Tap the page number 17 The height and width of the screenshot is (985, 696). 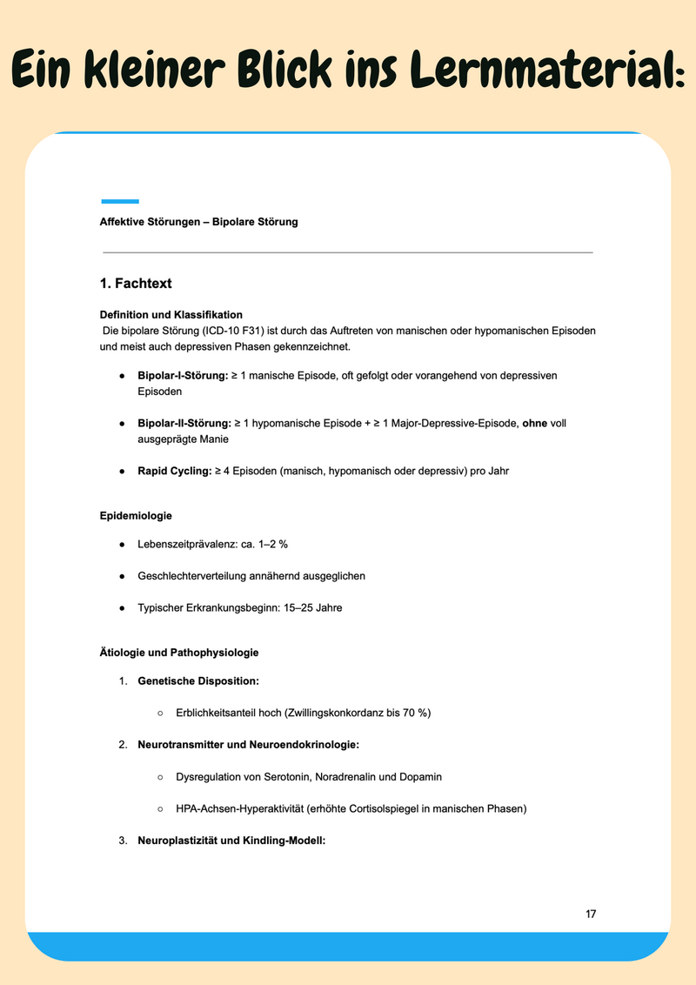pyautogui.click(x=591, y=914)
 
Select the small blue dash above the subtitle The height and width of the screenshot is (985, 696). pyautogui.click(x=120, y=201)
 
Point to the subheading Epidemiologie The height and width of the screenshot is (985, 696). pyautogui.click(x=136, y=516)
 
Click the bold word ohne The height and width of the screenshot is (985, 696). pyautogui.click(x=535, y=423)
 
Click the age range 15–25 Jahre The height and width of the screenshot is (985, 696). pyautogui.click(x=312, y=607)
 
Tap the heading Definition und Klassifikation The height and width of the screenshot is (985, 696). pyautogui.click(x=171, y=314)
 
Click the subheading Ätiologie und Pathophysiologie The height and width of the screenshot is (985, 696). pyautogui.click(x=179, y=653)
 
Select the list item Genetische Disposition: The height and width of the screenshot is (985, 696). pyautogui.click(x=198, y=681)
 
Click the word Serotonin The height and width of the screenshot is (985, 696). pyautogui.click(x=284, y=776)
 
